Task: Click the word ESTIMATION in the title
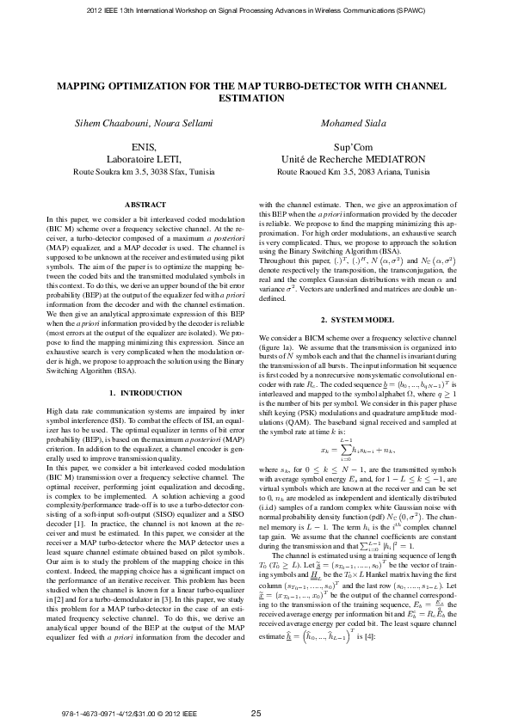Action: pos(256,99)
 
